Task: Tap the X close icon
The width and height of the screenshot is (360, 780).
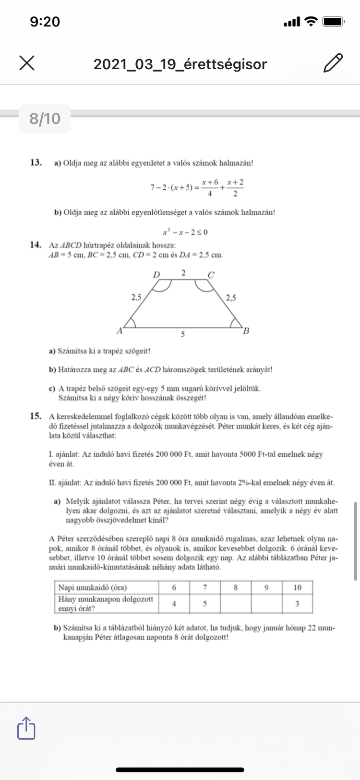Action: pyautogui.click(x=27, y=63)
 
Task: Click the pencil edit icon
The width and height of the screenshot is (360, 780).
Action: pyautogui.click(x=333, y=63)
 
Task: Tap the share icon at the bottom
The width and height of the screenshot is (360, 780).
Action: pyautogui.click(x=26, y=728)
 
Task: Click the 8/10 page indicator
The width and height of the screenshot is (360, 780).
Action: pyautogui.click(x=45, y=119)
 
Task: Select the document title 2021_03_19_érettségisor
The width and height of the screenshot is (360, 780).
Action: pyautogui.click(x=180, y=64)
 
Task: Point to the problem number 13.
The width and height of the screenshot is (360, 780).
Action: pyautogui.click(x=36, y=162)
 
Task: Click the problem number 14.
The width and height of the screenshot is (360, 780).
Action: pyautogui.click(x=36, y=245)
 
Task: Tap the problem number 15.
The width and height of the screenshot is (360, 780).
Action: pyautogui.click(x=36, y=416)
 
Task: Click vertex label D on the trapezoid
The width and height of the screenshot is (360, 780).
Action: pyautogui.click(x=156, y=275)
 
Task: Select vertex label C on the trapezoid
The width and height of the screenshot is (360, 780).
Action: pyautogui.click(x=211, y=275)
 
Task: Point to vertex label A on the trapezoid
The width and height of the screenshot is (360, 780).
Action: pyautogui.click(x=120, y=330)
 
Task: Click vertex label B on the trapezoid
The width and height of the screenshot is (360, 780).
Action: pyautogui.click(x=246, y=330)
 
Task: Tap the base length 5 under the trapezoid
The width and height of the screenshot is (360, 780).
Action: pyautogui.click(x=183, y=334)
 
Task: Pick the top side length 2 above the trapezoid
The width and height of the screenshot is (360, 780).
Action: pyautogui.click(x=183, y=273)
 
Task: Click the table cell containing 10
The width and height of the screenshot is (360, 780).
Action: pyautogui.click(x=297, y=587)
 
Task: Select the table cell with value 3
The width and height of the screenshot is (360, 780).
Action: pyautogui.click(x=297, y=604)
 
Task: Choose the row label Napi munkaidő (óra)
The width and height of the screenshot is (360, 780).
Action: pyautogui.click(x=93, y=587)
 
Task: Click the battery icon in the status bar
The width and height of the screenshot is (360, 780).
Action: pyautogui.click(x=333, y=22)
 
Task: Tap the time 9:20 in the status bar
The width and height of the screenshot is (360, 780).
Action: pyautogui.click(x=45, y=22)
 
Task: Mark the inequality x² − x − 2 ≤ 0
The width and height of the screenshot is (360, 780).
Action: pyautogui.click(x=185, y=232)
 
